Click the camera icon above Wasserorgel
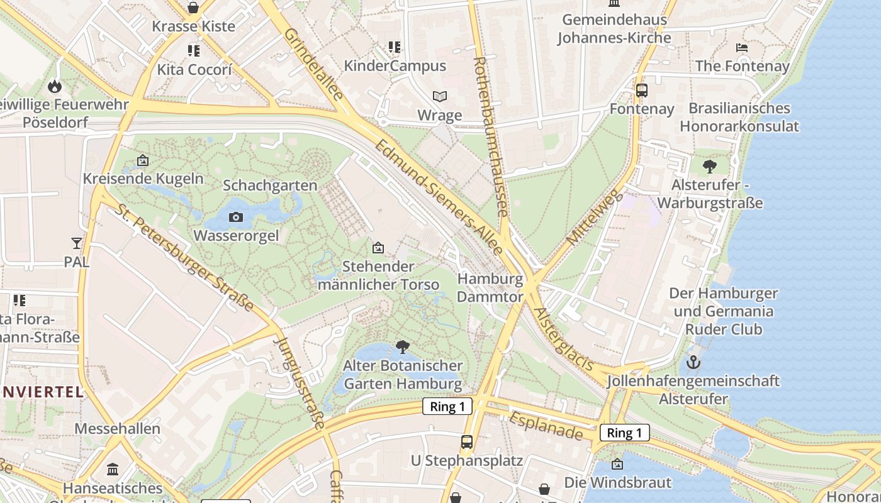pos(236,218)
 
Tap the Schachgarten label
pos(270,185)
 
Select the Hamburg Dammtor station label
pos(490,287)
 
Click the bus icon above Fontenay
pos(641,91)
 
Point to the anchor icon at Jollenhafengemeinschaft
pos(693,362)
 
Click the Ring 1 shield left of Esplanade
pos(447,406)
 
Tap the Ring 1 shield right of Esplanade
pos(624,433)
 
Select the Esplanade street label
pos(546,426)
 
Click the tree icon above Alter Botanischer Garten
pos(403,346)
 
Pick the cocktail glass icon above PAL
pos(77,243)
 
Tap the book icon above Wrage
pos(440,97)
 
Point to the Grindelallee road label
pos(313,64)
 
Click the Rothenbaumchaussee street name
pos(490,136)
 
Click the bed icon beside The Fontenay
pos(742,48)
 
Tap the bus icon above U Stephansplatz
pos(466,441)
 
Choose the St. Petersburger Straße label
pos(183,257)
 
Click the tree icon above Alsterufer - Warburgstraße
pos(710,167)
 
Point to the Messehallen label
pos(117,429)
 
